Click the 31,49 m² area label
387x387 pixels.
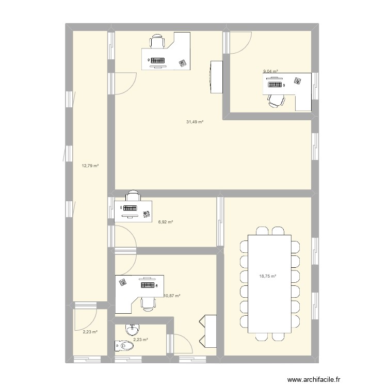195,122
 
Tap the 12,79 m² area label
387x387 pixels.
90,166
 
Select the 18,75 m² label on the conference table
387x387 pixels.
267,277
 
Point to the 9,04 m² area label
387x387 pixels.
271,71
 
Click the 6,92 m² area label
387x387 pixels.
165,222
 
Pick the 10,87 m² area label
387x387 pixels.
172,296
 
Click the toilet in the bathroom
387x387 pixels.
124,346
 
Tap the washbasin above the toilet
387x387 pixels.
133,329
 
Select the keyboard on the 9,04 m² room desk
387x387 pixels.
275,85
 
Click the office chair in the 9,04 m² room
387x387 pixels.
277,101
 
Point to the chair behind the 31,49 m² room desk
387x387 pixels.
157,41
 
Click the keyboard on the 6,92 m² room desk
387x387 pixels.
130,208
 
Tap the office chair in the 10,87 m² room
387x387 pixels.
148,303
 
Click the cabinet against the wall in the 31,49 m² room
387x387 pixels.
216,77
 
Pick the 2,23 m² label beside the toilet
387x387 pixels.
140,340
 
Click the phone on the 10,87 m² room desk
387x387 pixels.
123,282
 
